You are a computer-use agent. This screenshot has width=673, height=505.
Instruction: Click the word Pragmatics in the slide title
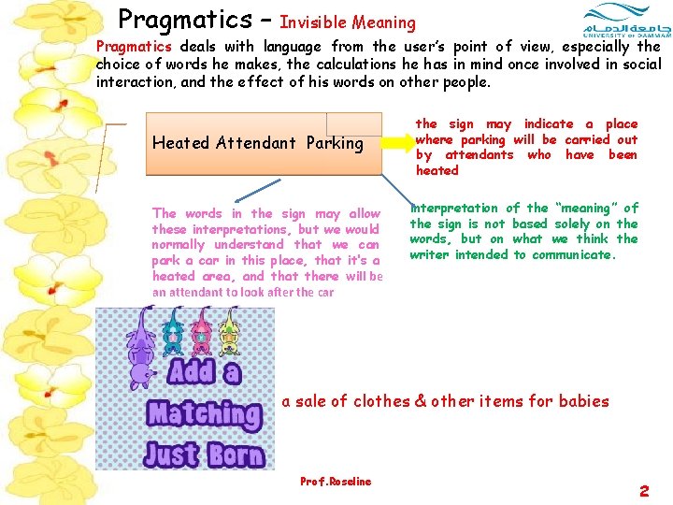185,20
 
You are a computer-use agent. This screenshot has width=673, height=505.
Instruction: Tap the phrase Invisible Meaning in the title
348,22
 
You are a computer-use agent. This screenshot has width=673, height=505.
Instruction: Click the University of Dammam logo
619,22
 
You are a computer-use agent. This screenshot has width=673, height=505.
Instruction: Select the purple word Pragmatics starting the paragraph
135,46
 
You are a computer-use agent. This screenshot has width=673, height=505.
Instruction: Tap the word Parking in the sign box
334,143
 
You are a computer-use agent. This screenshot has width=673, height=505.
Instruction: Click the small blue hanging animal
174,332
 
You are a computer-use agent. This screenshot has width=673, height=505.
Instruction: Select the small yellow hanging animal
229,332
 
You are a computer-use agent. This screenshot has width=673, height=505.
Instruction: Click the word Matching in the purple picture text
204,413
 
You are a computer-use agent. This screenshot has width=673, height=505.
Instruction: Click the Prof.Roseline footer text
336,482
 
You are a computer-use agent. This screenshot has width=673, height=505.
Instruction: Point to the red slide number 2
644,490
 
